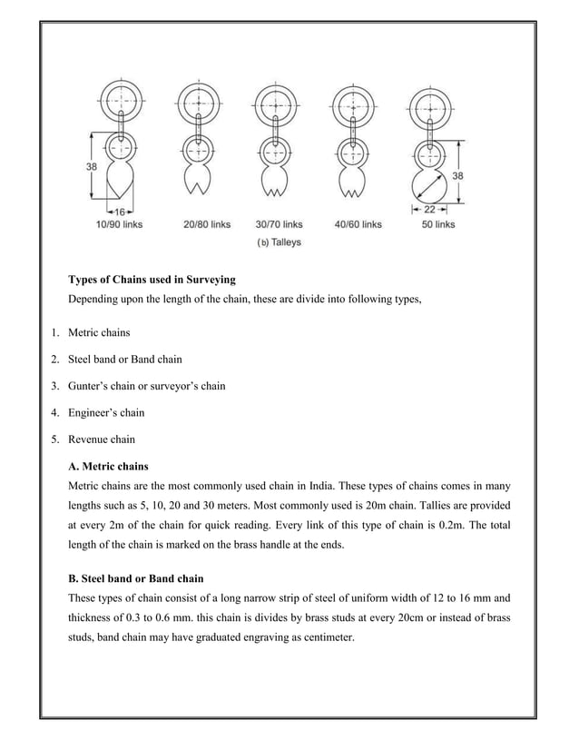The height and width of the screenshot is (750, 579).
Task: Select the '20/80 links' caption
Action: (x=205, y=223)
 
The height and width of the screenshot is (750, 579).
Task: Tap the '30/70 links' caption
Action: (x=279, y=223)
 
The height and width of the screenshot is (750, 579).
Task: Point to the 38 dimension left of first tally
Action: (x=92, y=166)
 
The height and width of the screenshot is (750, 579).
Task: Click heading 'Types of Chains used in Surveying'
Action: (x=152, y=280)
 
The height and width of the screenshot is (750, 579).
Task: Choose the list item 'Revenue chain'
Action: (x=102, y=439)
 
